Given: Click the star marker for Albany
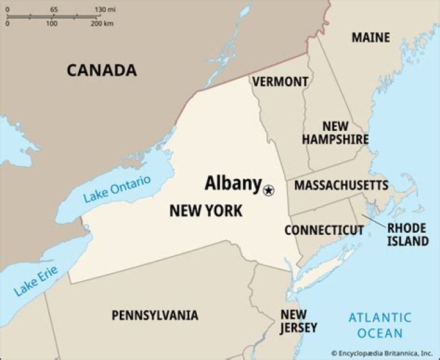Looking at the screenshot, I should pyautogui.click(x=268, y=191).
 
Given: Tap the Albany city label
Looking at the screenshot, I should pyautogui.click(x=233, y=183).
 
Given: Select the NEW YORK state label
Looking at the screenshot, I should pyautogui.click(x=205, y=211).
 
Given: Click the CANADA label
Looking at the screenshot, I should pyautogui.click(x=101, y=70).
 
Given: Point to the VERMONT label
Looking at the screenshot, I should pyautogui.click(x=280, y=81).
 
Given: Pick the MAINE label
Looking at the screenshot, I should pyautogui.click(x=370, y=37).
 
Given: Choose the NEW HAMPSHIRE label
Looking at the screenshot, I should pyautogui.click(x=335, y=133).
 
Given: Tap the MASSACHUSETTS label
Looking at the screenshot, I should pyautogui.click(x=341, y=185).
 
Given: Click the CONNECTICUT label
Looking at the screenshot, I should pyautogui.click(x=324, y=230).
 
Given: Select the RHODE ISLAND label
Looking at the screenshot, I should pyautogui.click(x=407, y=234).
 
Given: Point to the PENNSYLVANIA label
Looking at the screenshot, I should pyautogui.click(x=155, y=315).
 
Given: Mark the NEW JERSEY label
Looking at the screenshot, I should pyautogui.click(x=299, y=321).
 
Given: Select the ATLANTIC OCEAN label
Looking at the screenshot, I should pyautogui.click(x=380, y=325).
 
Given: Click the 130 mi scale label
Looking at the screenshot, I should pyautogui.click(x=106, y=10).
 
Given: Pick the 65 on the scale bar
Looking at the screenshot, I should pyautogui.click(x=54, y=10).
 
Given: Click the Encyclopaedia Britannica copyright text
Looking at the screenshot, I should pyautogui.click(x=383, y=353).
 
